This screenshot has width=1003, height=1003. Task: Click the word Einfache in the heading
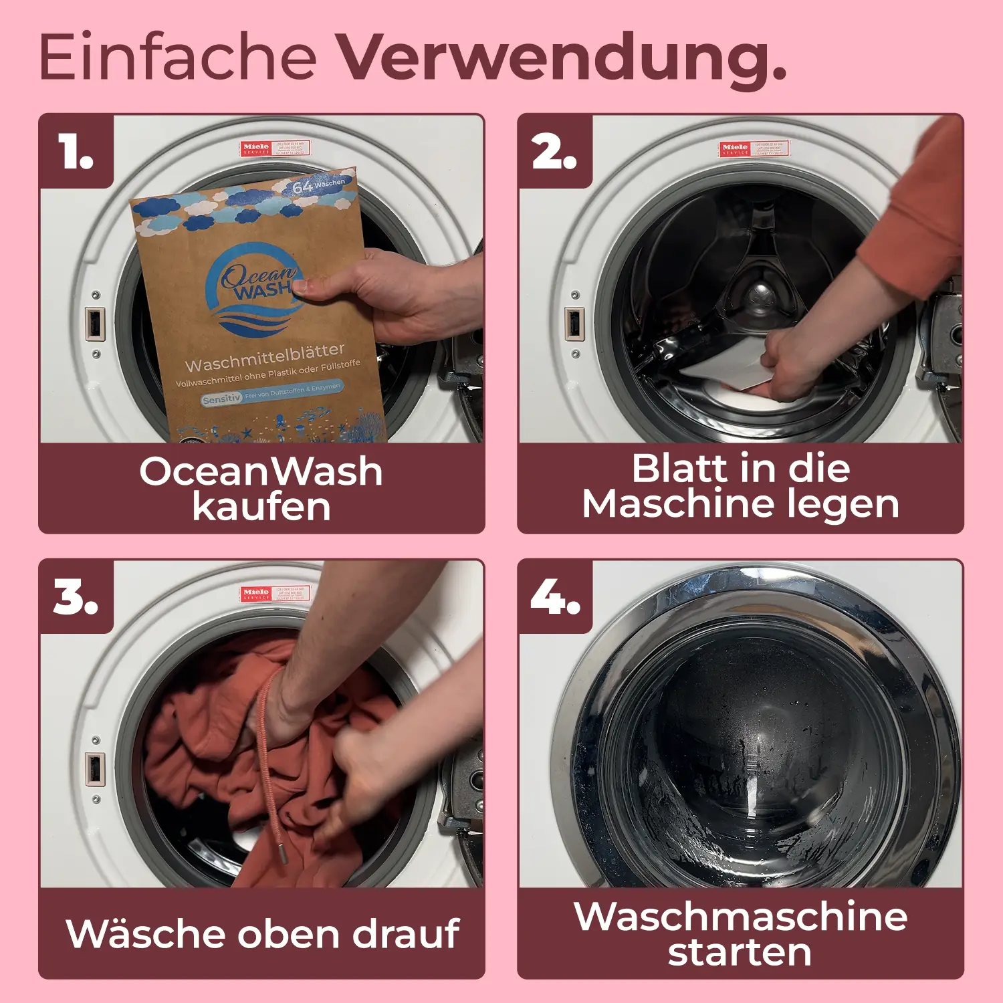coord(177,57)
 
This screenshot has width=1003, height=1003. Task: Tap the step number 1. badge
coord(76,152)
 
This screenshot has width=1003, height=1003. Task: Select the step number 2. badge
coord(554,152)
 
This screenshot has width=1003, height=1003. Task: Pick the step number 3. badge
coord(76,596)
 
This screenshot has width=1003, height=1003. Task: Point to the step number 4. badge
coord(554,596)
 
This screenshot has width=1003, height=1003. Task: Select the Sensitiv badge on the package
coord(221,399)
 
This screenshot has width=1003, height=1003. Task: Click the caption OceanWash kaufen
coord(261,488)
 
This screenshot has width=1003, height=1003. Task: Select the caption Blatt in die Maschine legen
coord(741,486)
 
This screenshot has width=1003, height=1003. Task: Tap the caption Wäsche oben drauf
coord(262,933)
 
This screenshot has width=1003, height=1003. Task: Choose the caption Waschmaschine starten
coord(741,933)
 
